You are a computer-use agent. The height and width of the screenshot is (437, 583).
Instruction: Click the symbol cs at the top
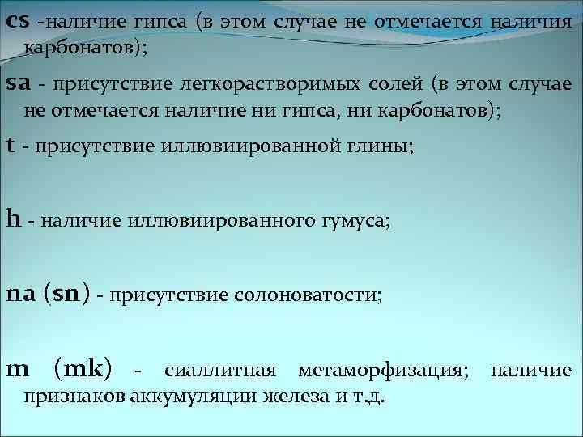[x=18, y=22]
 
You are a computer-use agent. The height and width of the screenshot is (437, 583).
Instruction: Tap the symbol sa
[x=18, y=84]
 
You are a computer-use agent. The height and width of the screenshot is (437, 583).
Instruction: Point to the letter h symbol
[x=12, y=218]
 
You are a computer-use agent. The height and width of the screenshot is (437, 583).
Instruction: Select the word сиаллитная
[x=219, y=371]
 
